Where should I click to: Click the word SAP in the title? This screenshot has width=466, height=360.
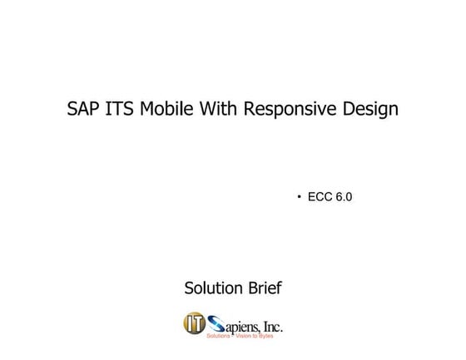point(83,109)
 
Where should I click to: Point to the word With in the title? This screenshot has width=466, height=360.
point(218,109)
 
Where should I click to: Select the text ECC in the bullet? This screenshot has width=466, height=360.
point(320,197)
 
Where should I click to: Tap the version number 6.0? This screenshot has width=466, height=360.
point(345,197)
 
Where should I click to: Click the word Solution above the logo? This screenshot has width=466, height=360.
point(214,288)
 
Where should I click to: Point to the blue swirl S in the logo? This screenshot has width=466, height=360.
point(216,323)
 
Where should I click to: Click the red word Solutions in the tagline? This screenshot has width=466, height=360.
point(217,335)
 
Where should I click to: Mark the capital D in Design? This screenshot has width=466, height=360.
point(346,109)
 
